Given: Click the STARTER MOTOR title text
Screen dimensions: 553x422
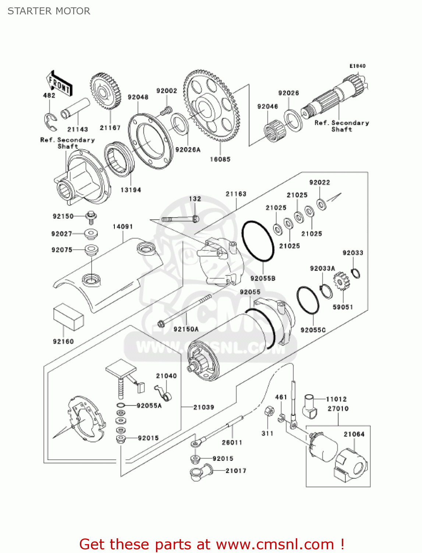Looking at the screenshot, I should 49,11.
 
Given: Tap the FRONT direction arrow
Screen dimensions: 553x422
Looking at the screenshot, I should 59,84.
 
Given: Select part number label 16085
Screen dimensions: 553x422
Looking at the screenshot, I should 220,159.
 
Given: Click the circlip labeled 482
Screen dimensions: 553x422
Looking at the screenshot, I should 50,122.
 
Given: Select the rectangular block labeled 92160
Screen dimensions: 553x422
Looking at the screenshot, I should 68,317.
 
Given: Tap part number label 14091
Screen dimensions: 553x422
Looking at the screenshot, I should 123,226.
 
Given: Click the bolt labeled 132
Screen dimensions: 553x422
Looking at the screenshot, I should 180,219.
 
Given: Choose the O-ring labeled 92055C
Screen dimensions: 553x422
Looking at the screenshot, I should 308,300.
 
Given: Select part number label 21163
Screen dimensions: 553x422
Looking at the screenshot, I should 236,194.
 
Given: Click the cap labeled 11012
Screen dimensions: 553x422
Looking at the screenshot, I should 310,406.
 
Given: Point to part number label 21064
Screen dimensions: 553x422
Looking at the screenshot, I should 354,434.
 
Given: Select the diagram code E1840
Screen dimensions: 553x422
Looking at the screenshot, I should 357,66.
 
